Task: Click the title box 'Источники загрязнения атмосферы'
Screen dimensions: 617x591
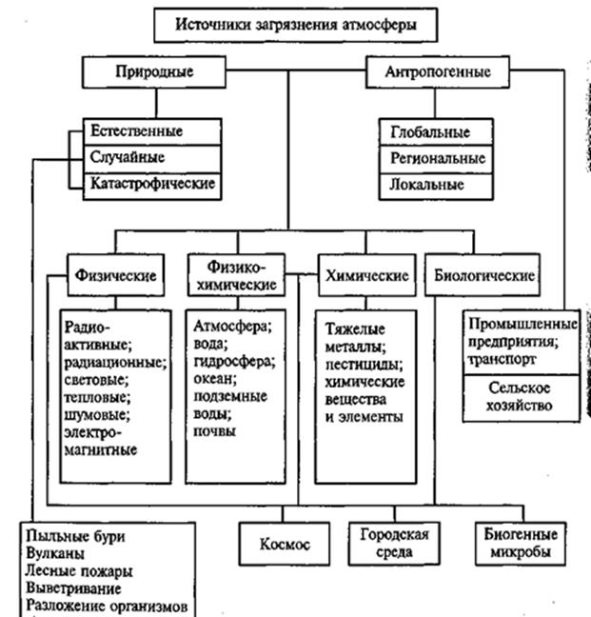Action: (295, 25)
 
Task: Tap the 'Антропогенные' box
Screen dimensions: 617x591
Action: (437, 71)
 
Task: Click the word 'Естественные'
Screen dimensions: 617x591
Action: (136, 130)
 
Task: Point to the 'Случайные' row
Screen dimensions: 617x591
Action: (127, 157)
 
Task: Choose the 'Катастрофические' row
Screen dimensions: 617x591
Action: (152, 183)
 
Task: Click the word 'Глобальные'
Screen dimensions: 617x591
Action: (429, 133)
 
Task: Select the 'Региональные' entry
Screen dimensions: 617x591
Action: (437, 158)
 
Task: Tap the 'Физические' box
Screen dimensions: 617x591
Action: (113, 275)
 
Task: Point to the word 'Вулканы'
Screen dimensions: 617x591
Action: (56, 553)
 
